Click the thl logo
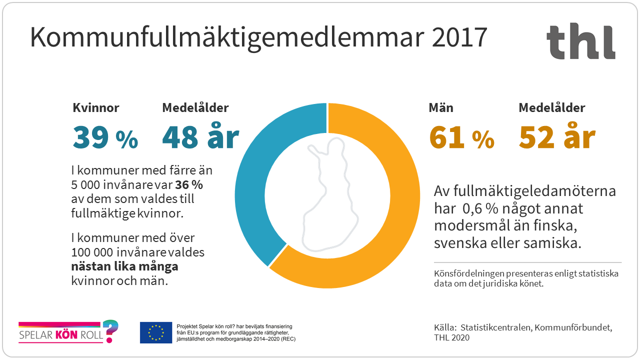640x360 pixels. (x=580, y=42)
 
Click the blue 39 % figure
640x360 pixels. (x=105, y=137)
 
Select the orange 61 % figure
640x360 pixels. (x=461, y=137)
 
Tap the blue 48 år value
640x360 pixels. (x=200, y=137)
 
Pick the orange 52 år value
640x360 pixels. (x=557, y=137)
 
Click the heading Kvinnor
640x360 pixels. (x=96, y=107)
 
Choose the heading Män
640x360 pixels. (x=440, y=107)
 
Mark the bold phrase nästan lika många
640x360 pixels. (x=124, y=266)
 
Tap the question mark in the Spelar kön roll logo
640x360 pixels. (x=112, y=330)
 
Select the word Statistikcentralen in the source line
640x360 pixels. (x=492, y=328)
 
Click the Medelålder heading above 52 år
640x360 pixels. (x=551, y=107)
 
